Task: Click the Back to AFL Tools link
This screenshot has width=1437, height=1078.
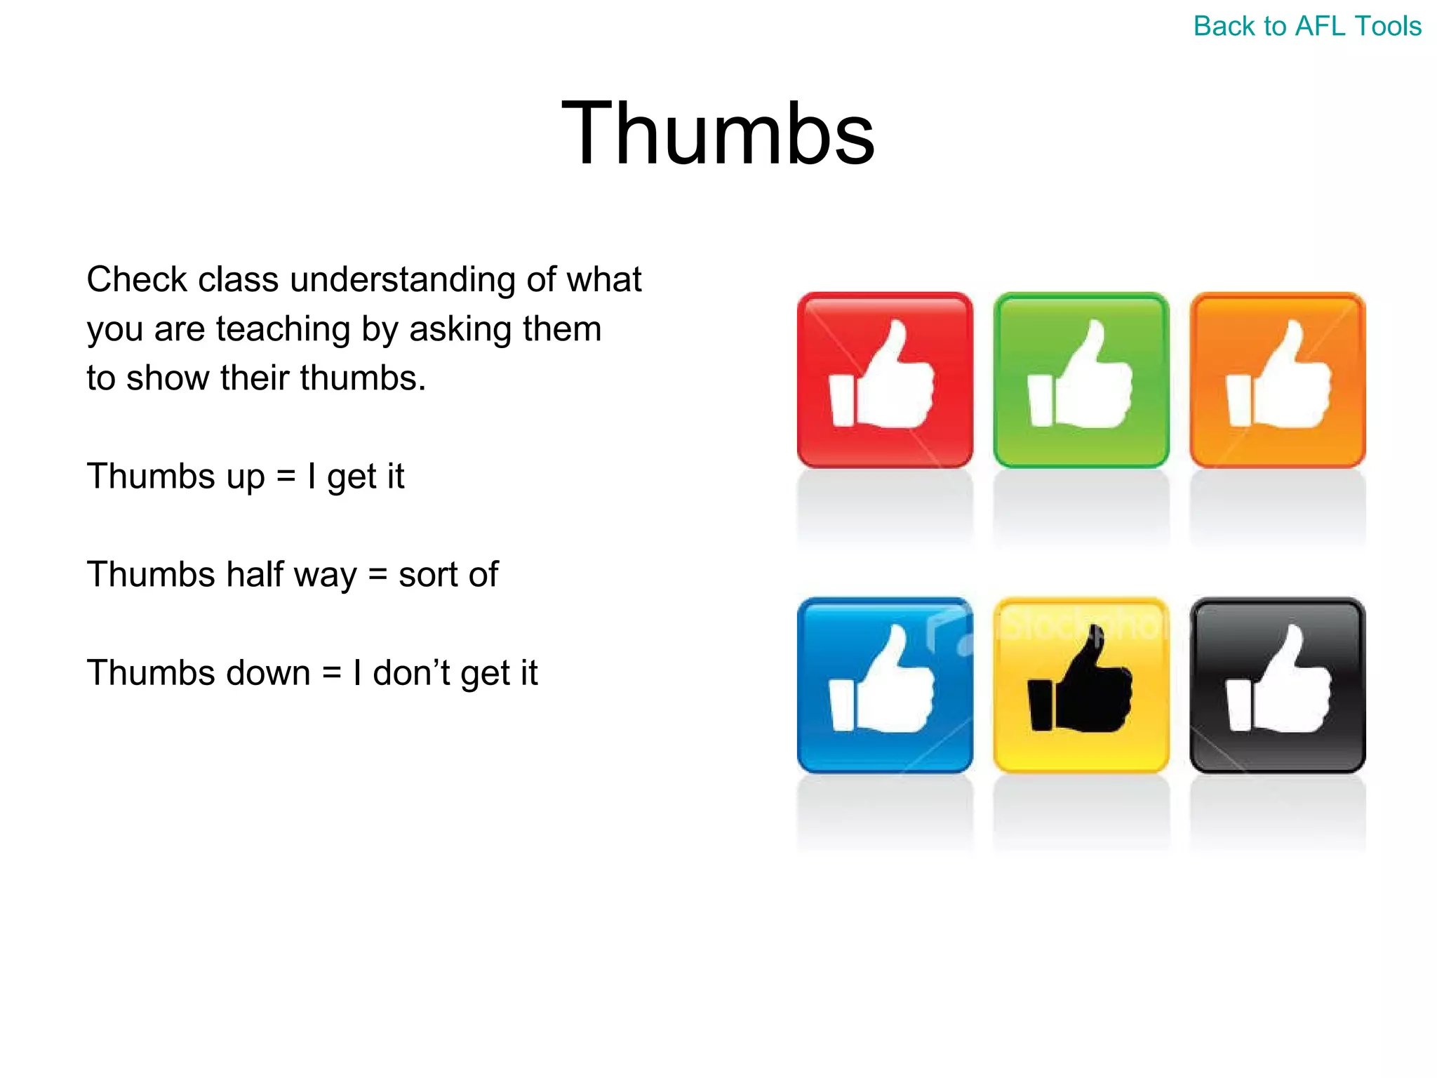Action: tap(1306, 27)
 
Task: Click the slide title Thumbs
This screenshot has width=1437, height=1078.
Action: tap(718, 133)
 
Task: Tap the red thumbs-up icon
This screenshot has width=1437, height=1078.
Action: tap(885, 380)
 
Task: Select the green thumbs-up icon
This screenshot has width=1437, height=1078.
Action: tap(1081, 380)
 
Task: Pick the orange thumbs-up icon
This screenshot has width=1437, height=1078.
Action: tap(1278, 380)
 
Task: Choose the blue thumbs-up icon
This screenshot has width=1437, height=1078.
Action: tap(885, 685)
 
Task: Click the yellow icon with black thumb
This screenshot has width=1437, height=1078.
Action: tap(1081, 685)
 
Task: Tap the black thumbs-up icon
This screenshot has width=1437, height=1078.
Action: tap(1278, 685)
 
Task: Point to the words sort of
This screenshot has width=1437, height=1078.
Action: tap(448, 575)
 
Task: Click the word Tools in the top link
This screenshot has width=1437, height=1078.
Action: tap(1388, 27)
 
